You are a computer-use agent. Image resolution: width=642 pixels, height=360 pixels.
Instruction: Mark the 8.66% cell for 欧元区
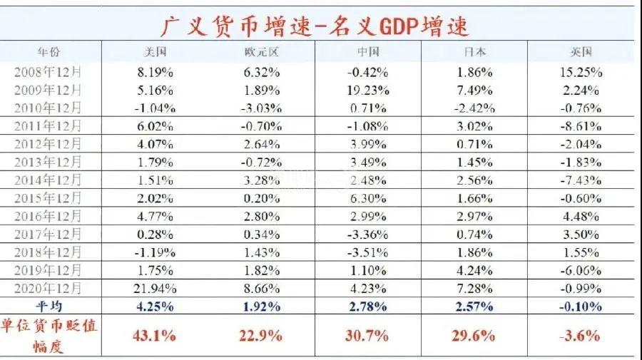pyautogui.click(x=260, y=289)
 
